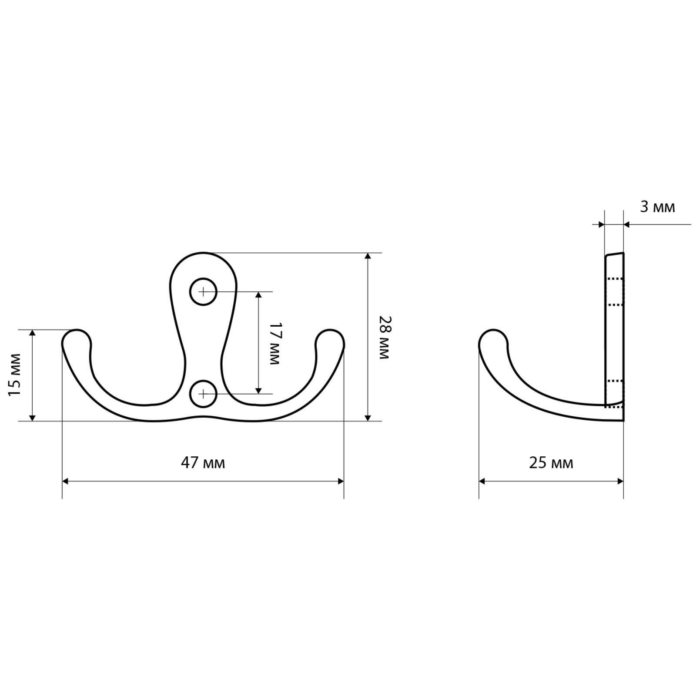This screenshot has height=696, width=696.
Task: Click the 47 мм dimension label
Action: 203,462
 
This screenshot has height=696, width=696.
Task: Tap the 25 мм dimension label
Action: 551,462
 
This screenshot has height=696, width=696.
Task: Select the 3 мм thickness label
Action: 657,207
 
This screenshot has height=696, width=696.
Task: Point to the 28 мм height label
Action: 385,337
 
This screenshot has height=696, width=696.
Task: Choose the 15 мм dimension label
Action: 15,374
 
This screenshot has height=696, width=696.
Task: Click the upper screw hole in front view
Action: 203,291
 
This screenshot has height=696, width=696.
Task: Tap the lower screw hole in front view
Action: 203,394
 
